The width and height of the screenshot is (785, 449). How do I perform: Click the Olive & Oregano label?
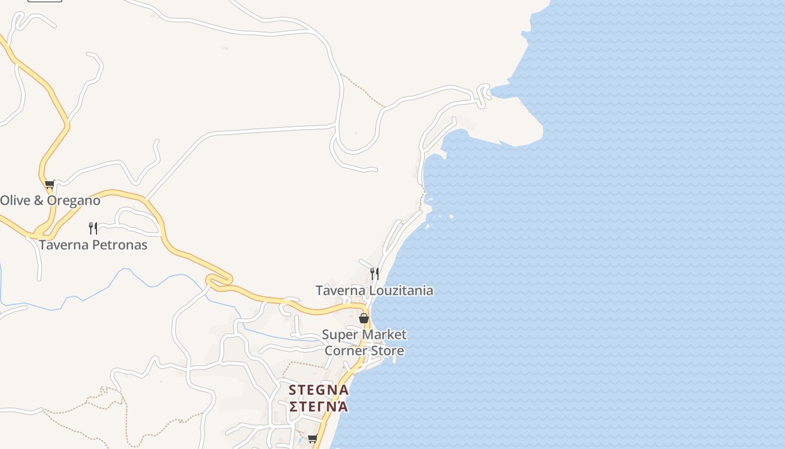[x=50, y=200]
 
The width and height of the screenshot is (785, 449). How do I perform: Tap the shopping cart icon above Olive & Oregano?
[x=49, y=184]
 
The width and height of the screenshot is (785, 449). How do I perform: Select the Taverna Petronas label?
[x=93, y=245]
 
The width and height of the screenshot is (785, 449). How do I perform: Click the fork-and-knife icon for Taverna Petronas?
[x=93, y=228]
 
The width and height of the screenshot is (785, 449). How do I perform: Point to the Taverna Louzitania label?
[x=374, y=290]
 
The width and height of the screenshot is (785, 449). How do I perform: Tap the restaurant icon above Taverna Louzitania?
[x=374, y=274]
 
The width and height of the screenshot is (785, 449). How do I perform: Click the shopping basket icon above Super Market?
[x=364, y=318]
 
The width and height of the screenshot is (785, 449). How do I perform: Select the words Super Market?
[x=364, y=335]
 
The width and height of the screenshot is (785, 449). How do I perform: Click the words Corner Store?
[x=364, y=351]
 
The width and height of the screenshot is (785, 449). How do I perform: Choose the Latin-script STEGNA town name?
[x=318, y=390]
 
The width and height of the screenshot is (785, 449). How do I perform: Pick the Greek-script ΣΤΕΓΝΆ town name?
[x=318, y=405]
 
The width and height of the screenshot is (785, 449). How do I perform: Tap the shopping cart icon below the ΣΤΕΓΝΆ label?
[x=312, y=438]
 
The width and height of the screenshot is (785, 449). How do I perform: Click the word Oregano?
[x=73, y=200]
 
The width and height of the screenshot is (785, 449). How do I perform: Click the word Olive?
[x=15, y=200]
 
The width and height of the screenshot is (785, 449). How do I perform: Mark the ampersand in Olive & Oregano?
[x=39, y=200]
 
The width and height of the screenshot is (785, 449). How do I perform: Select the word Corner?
[x=343, y=351]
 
